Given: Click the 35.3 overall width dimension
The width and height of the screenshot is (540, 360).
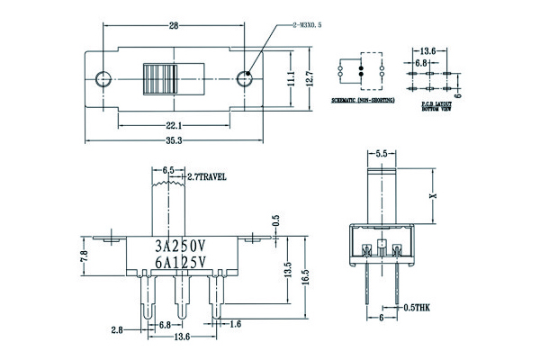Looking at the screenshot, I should click(x=174, y=141).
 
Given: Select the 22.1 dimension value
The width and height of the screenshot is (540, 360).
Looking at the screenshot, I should click(x=174, y=124).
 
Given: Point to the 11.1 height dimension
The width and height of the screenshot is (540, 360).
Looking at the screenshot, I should click(x=291, y=80).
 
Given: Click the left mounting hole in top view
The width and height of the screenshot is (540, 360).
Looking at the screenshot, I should click(x=103, y=79).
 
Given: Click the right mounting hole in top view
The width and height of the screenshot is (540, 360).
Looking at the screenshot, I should click(x=244, y=79).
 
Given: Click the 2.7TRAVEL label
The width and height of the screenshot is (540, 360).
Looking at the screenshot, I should click(x=206, y=176).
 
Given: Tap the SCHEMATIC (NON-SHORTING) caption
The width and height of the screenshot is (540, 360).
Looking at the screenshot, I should click(x=362, y=105).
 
